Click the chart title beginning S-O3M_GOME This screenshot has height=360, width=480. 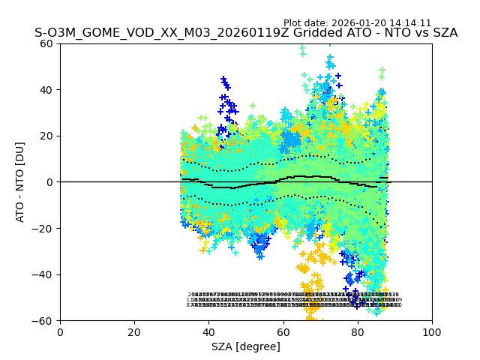[x=246, y=34]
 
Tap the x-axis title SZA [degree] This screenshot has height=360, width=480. [x=246, y=346]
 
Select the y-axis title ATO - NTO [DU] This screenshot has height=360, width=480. [x=20, y=181]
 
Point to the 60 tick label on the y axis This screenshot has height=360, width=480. [x=46, y=43]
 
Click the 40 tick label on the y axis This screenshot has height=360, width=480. [x=46, y=90]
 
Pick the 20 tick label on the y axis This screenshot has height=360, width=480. [x=46, y=136]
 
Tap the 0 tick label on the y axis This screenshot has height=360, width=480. [x=49, y=182]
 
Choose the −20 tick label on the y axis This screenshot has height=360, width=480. [x=43, y=228]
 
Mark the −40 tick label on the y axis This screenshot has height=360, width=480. [x=43, y=274]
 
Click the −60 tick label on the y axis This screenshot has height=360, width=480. [x=43, y=321]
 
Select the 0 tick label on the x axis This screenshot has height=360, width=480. [x=60, y=331]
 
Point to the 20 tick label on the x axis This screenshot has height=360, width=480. [x=134, y=331]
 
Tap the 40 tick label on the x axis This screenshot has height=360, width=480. [x=208, y=331]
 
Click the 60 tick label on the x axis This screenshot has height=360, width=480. [x=283, y=331]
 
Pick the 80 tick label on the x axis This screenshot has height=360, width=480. [x=357, y=331]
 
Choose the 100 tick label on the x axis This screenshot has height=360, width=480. [x=431, y=331]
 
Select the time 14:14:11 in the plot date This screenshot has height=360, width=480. [x=409, y=23]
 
